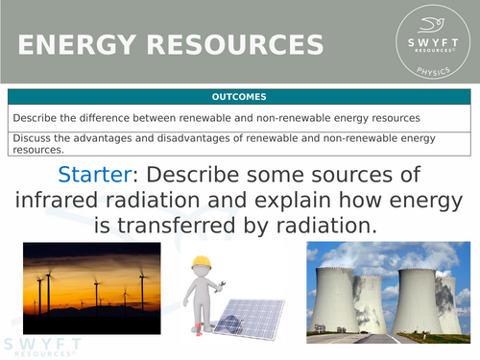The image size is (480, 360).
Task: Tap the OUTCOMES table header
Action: pyautogui.click(x=240, y=97)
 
